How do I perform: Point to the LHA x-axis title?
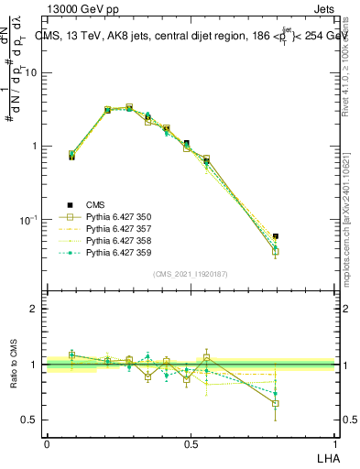click(x=326, y=455)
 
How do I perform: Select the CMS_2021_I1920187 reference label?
click(x=191, y=274)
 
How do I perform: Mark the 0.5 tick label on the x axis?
click(x=191, y=443)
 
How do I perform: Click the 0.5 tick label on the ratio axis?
click(x=30, y=420)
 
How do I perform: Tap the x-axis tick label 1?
click(x=334, y=443)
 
